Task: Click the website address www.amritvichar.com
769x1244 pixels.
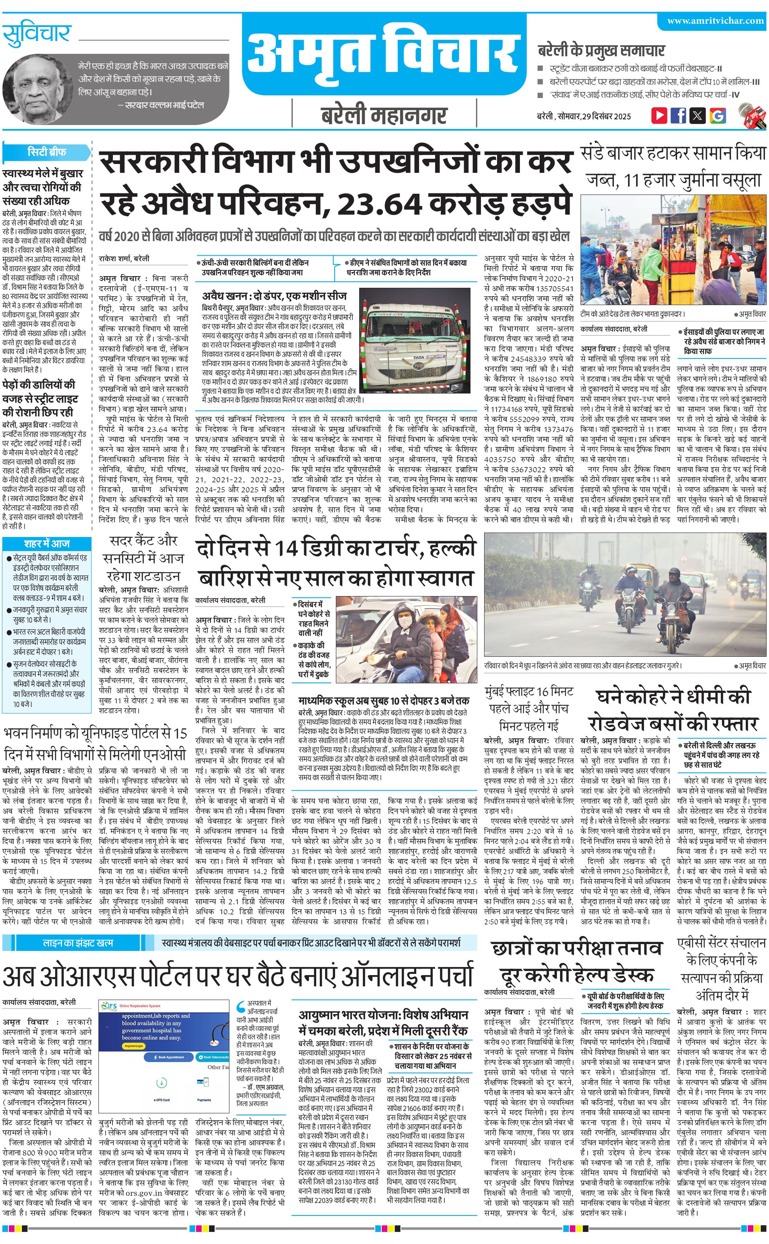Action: [715, 21]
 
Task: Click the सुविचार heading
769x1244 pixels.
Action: [37, 35]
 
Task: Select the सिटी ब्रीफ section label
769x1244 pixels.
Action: [47, 152]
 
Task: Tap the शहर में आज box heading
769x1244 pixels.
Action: [47, 543]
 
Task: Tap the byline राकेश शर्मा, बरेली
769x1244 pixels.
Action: [124, 258]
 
